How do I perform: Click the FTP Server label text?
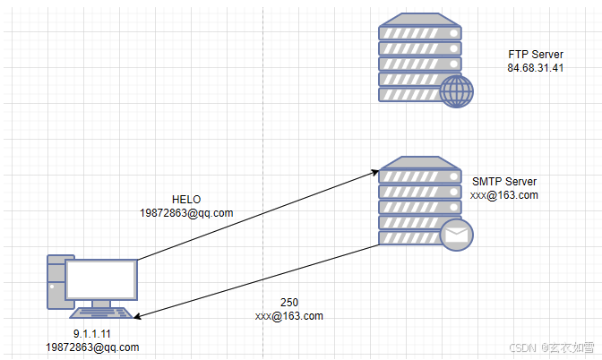535,55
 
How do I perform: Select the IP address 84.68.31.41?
535,68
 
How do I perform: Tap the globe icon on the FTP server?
456,90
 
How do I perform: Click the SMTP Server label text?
504,182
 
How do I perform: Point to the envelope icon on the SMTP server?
456,236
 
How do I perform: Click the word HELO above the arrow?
186,199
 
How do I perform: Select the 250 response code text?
288,303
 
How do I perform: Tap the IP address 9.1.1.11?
93,333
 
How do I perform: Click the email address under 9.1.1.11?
93,347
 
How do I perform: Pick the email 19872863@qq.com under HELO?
186,212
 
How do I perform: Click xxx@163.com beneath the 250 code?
288,316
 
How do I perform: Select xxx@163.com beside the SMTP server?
504,195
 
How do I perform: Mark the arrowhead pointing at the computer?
139,315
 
